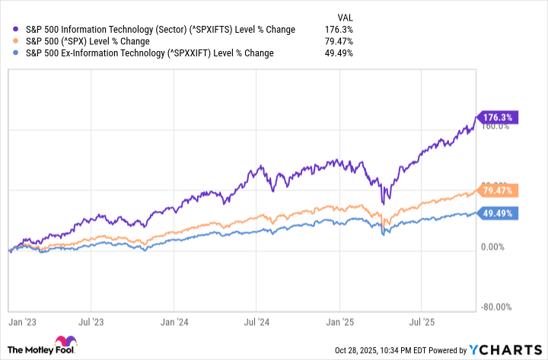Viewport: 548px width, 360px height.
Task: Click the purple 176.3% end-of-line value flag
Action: coord(497,117)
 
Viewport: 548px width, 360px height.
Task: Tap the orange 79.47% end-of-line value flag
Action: coord(497,190)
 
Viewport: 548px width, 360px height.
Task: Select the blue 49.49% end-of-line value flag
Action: coord(497,213)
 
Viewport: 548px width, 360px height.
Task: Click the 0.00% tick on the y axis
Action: coord(494,247)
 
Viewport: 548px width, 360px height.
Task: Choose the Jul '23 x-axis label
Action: coord(95,323)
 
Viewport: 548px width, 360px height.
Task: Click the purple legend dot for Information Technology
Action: coord(17,29)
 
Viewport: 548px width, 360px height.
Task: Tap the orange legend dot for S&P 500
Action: coord(17,41)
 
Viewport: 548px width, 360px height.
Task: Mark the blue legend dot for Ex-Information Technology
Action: coord(17,53)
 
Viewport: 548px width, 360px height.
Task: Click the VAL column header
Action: coord(345,16)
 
